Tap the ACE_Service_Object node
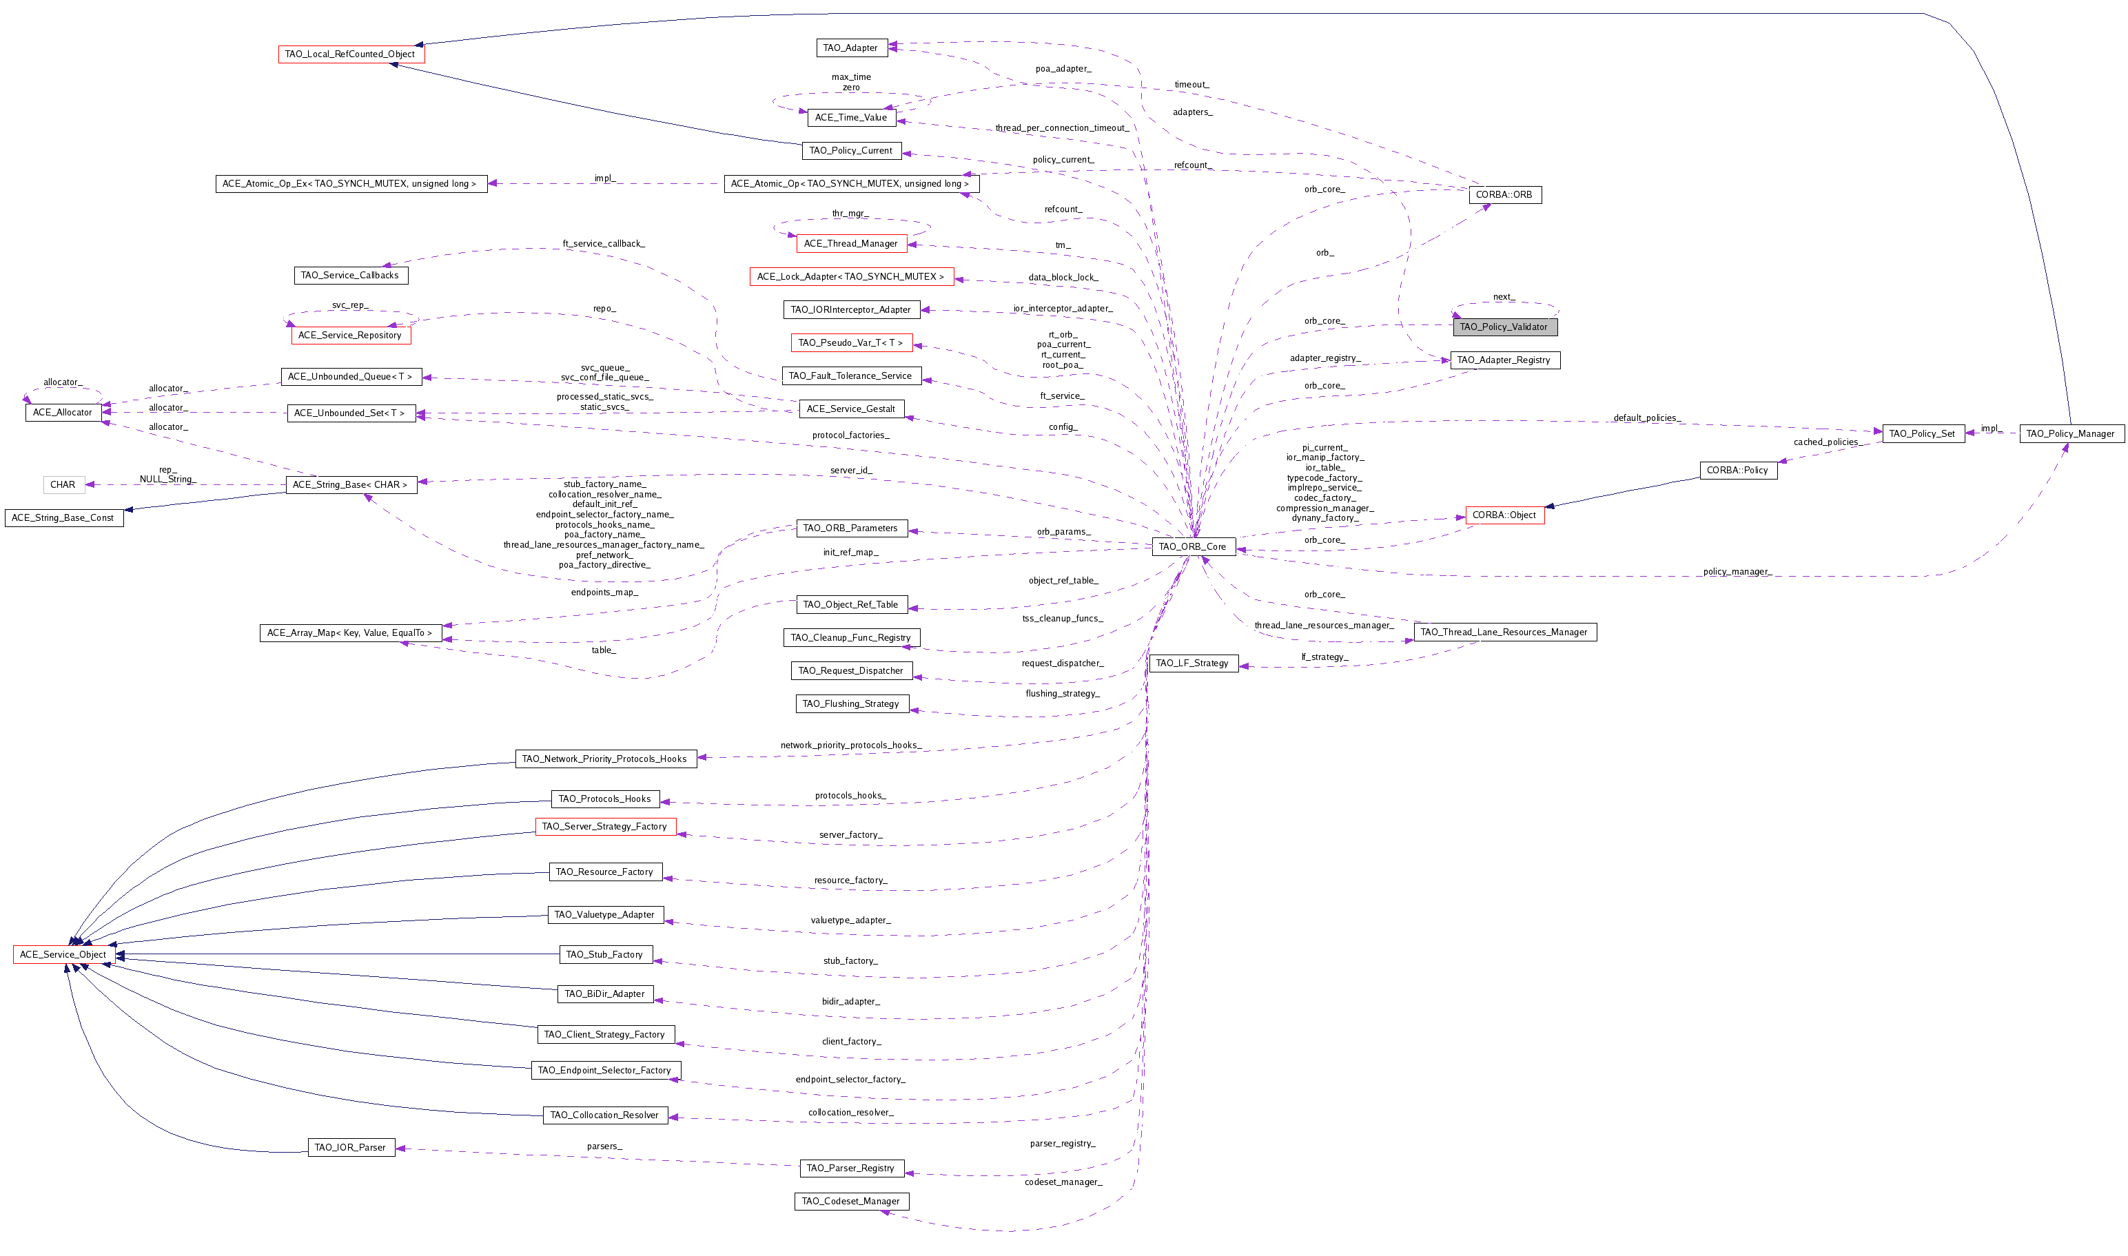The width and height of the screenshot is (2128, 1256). pos(63,955)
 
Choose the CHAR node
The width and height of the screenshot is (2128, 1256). pos(63,485)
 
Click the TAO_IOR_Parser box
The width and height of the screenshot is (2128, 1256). pos(351,1148)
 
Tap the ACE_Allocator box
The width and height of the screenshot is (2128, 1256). pos(63,412)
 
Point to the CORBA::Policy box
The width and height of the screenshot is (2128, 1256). pos(1737,471)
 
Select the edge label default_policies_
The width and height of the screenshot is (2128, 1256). pos(1646,418)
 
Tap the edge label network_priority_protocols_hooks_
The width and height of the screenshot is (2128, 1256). pos(850,745)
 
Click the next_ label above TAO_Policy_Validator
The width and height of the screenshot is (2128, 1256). pos(1502,297)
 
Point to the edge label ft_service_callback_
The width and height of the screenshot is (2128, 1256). pos(604,244)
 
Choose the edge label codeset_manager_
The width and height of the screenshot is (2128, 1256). pos(1063,1182)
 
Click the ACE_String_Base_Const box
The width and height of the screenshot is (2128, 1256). pos(63,518)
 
